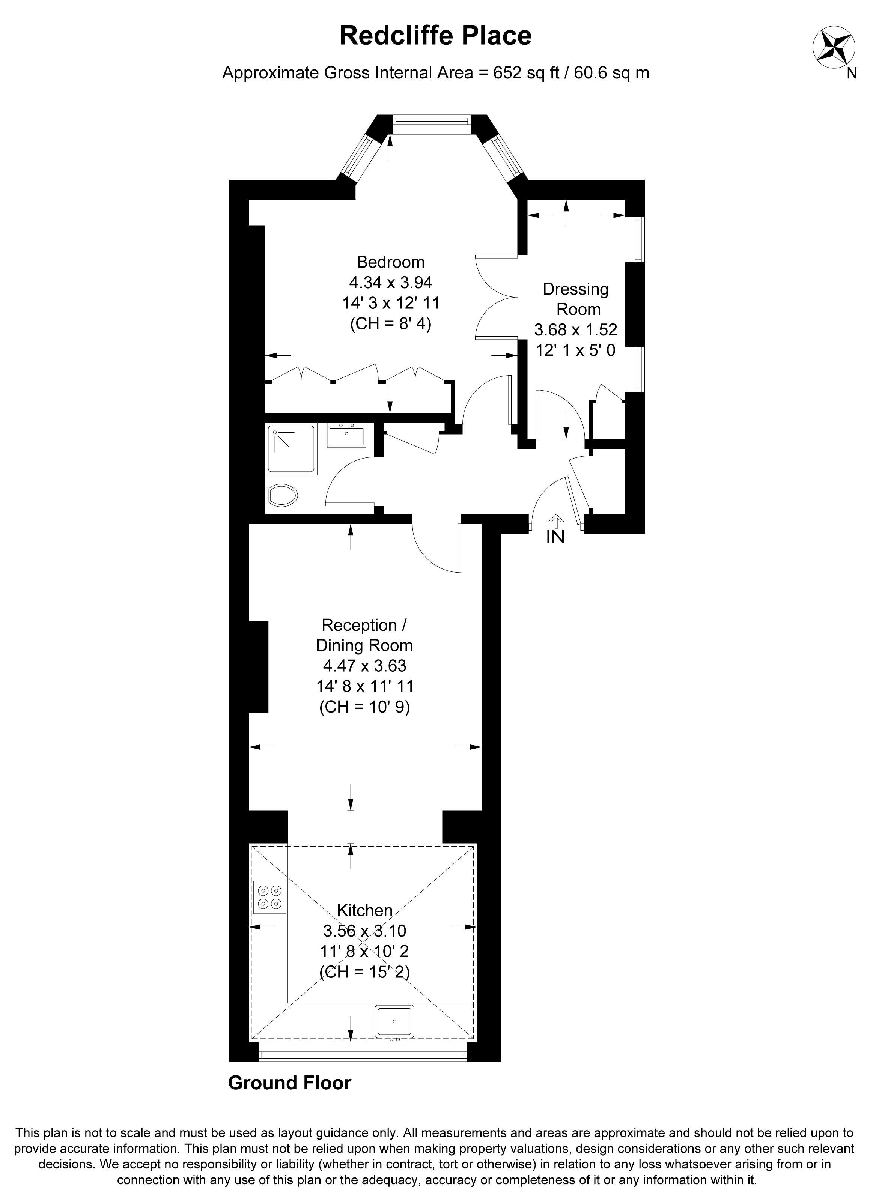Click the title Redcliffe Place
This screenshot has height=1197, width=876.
click(435, 36)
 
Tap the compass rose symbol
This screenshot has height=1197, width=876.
click(834, 47)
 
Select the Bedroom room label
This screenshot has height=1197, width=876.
click(391, 262)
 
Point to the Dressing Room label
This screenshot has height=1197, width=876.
click(576, 299)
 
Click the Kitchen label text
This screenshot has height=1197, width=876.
click(365, 911)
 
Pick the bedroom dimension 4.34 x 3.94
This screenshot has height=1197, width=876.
click(391, 282)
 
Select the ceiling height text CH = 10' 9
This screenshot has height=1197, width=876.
click(365, 708)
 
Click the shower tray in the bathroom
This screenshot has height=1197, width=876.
click(292, 449)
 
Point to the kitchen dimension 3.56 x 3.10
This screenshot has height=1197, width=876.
click(365, 931)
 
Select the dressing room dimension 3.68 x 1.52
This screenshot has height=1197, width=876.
click(576, 330)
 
